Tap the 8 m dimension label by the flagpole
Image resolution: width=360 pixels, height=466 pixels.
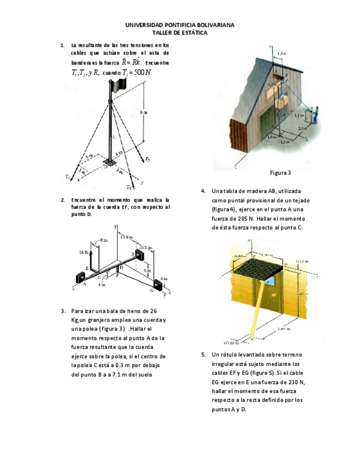[x=143, y=112]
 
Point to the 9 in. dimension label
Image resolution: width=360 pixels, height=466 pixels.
[x=147, y=271]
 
